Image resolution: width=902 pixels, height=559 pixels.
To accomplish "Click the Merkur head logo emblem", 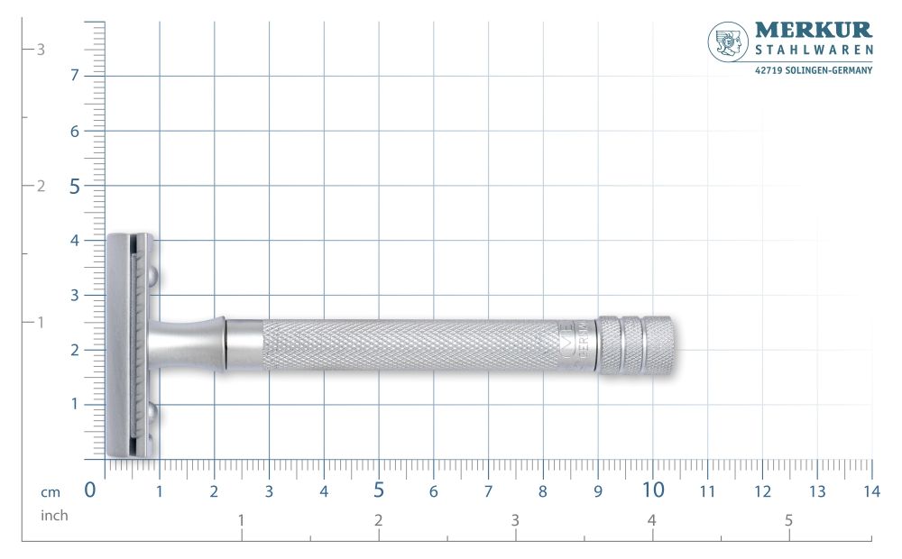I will point(728,42).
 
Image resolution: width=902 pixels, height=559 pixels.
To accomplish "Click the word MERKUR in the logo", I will point(814,32).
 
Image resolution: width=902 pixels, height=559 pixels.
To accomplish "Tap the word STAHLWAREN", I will point(814,50).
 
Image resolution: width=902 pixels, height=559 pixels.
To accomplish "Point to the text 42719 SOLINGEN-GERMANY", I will point(814,69).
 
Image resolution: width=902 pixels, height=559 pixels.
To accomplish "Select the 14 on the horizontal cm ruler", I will point(871,491).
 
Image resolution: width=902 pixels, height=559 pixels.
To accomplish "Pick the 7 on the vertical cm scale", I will point(75,76).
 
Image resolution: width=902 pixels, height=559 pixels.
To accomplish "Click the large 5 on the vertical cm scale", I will point(74,186).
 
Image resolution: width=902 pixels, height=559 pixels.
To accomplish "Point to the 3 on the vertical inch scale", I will point(40,50).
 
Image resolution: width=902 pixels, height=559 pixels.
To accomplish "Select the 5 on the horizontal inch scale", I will point(788,520).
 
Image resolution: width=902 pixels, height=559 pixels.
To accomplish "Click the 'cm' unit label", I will point(51,491).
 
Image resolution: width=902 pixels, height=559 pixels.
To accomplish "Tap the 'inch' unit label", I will point(54,516).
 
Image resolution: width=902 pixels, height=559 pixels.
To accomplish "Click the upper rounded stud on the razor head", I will point(152,275).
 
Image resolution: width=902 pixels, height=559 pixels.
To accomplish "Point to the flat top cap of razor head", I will point(119,345).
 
